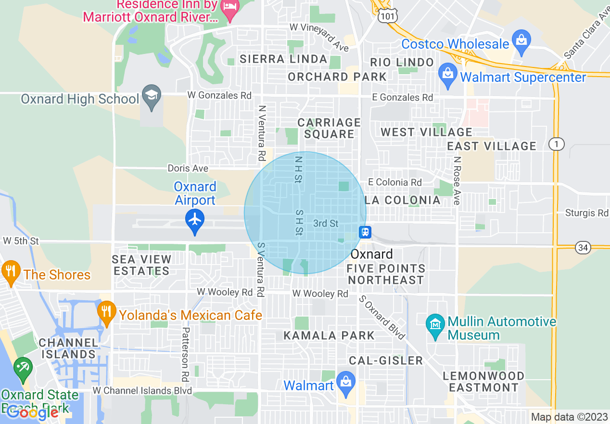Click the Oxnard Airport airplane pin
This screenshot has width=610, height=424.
195,220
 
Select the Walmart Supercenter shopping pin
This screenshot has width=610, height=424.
448,75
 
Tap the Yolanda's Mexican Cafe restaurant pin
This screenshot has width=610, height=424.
106,312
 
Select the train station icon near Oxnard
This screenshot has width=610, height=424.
365,232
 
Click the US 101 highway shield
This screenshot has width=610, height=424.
386,16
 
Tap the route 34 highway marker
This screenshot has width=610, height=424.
583,248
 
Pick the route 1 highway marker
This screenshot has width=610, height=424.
556,144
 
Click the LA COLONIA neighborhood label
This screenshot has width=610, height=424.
403,200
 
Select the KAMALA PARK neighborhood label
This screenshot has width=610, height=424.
329,335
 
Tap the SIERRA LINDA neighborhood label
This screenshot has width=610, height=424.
283,59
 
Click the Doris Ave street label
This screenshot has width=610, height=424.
188,168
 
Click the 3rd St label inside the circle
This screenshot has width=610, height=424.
326,223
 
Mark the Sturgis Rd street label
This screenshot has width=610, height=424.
586,213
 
